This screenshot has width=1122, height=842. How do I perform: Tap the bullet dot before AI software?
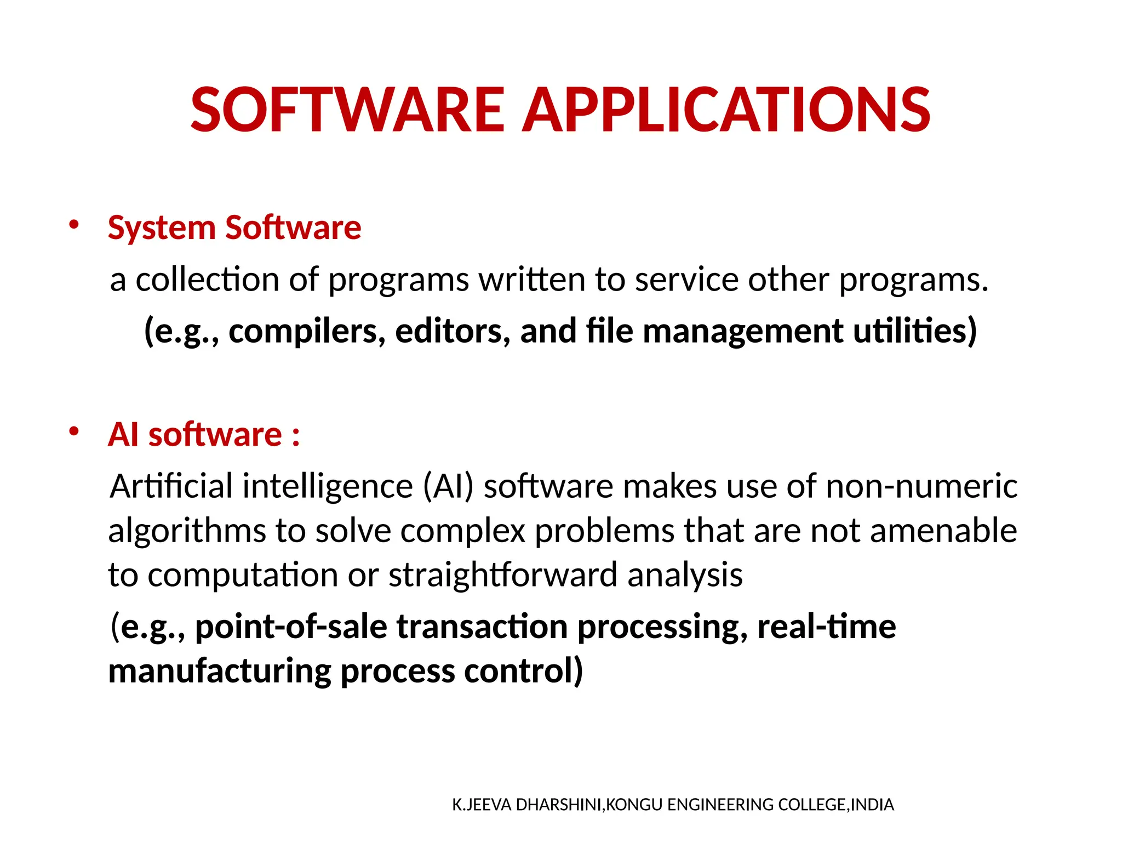[x=74, y=431]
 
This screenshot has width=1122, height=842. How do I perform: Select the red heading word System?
[x=162, y=227]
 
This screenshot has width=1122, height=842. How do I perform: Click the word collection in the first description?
[x=207, y=280]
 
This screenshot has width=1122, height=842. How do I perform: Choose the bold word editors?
[x=453, y=331]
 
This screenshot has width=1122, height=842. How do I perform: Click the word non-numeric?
[x=921, y=486]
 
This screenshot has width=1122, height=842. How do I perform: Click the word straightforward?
[x=503, y=575]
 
